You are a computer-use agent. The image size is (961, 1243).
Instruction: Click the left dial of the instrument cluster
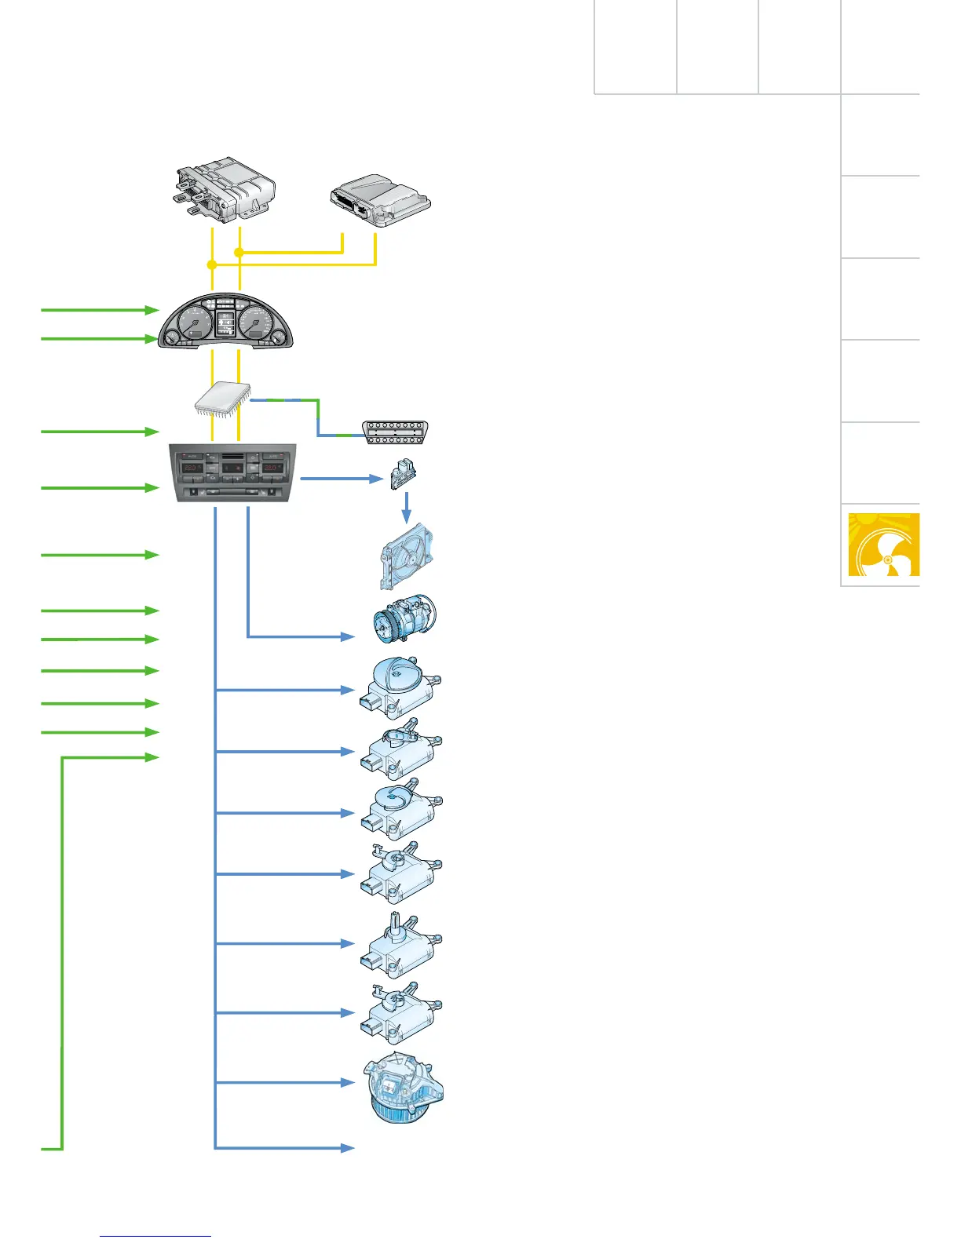[194, 323]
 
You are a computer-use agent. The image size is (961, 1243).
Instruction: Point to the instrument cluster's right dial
[257, 323]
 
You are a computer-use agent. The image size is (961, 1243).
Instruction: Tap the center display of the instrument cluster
[225, 323]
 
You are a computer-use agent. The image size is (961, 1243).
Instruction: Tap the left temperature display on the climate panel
[192, 468]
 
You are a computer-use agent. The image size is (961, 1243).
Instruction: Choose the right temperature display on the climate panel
[272, 468]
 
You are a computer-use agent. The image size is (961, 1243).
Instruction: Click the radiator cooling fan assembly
[406, 556]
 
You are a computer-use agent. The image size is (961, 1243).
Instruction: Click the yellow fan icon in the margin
[883, 545]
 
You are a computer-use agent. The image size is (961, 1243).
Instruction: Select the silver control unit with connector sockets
[380, 200]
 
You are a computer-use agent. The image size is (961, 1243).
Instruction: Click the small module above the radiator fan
[404, 475]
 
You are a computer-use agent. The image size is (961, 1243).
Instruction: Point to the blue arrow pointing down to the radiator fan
[406, 510]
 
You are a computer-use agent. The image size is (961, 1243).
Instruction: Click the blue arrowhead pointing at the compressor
[349, 636]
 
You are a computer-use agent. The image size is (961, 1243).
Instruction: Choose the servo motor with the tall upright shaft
[400, 945]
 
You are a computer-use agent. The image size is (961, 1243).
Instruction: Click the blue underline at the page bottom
[155, 1237]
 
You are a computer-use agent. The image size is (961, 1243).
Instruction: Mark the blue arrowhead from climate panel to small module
[375, 478]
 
